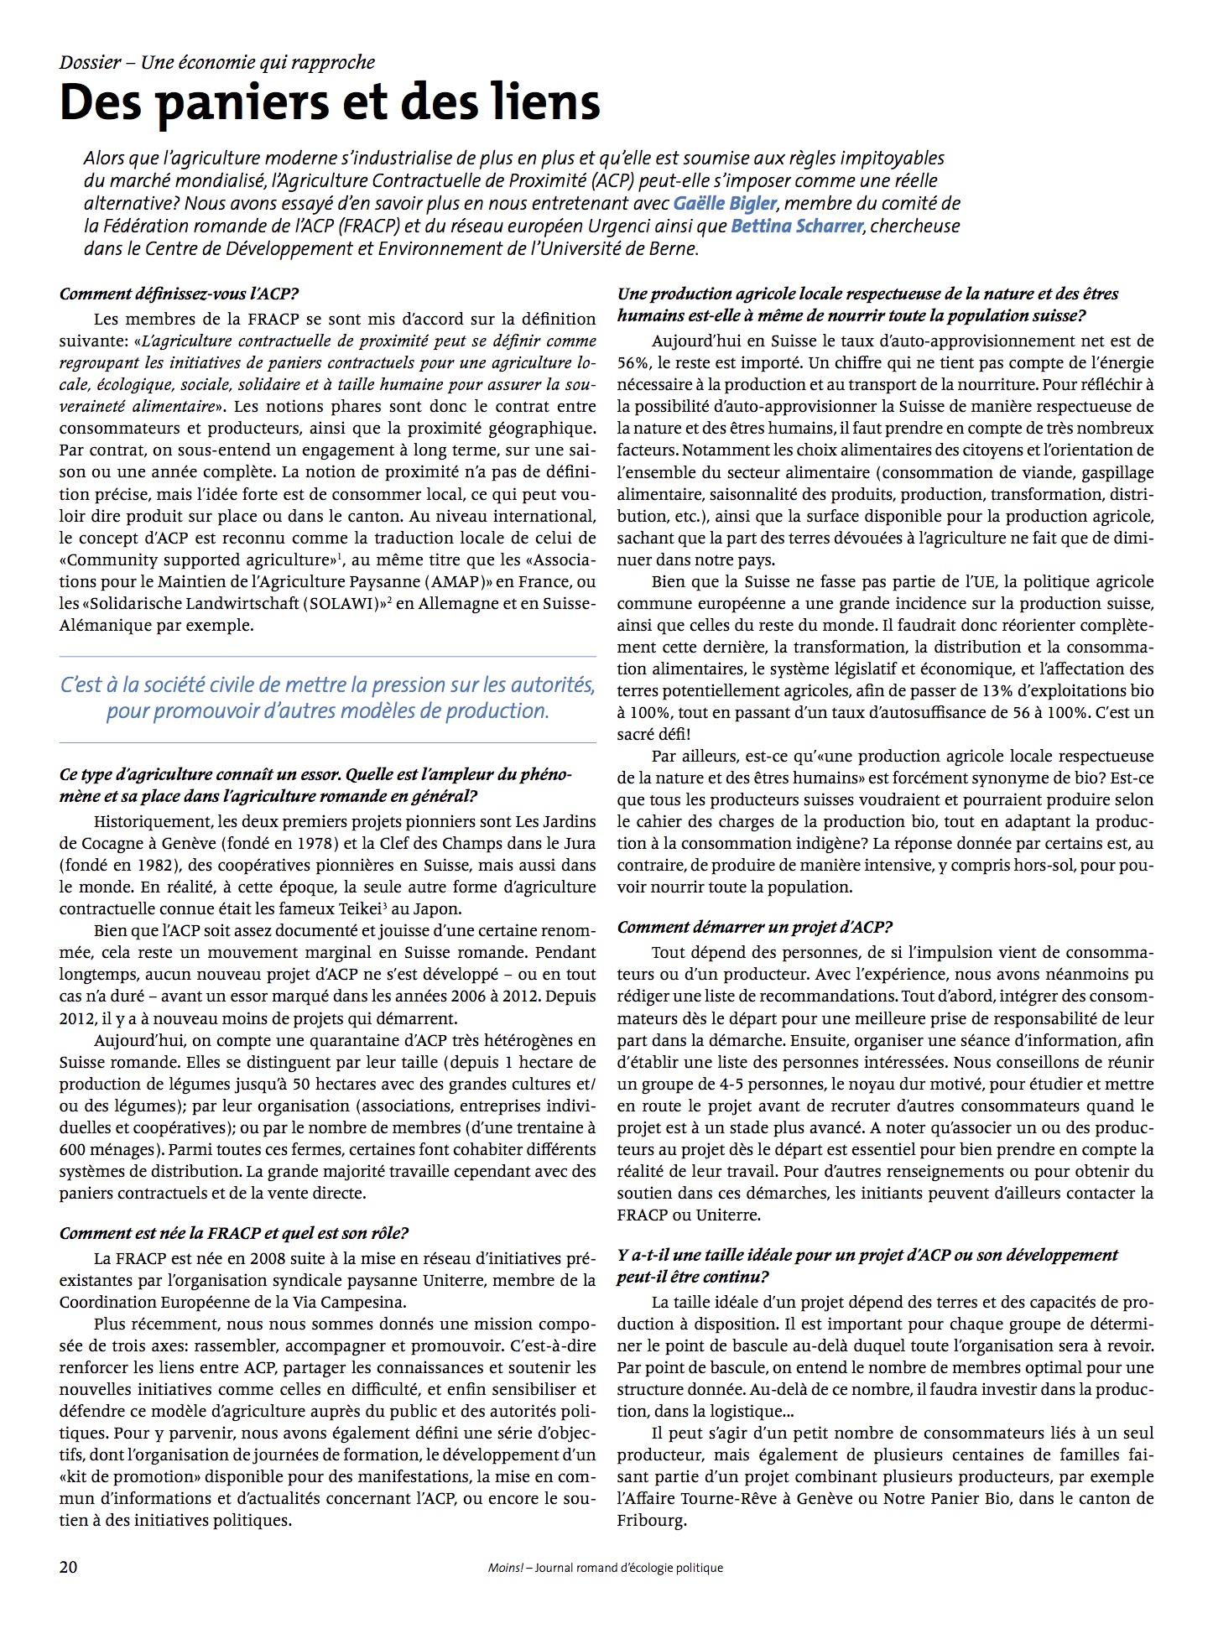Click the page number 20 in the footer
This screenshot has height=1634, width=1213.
point(69,1567)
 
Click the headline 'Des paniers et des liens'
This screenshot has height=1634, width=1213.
point(330,102)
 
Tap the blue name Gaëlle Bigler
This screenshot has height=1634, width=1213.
point(725,203)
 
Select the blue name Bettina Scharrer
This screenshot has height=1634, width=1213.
point(797,226)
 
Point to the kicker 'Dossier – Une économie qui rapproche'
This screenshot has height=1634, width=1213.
point(217,62)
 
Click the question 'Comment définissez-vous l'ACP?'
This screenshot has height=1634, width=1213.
point(179,294)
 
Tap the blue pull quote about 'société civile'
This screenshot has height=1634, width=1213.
point(328,698)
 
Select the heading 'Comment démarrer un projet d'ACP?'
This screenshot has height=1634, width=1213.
point(754,927)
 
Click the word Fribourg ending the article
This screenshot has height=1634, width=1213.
point(652,1520)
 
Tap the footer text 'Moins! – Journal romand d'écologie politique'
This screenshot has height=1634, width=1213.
point(605,1567)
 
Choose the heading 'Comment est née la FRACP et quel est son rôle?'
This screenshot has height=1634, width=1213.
point(234,1233)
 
